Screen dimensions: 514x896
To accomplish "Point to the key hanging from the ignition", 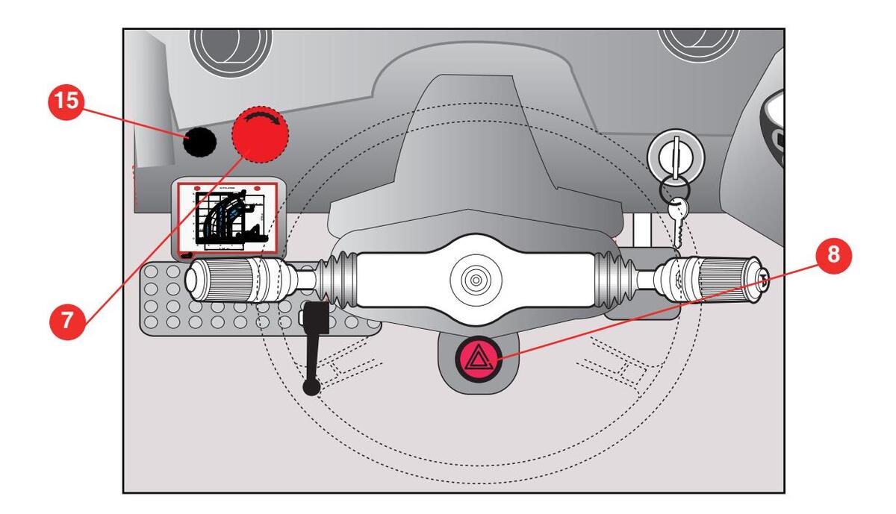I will (677, 221).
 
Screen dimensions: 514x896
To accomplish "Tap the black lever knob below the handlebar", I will (311, 386).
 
